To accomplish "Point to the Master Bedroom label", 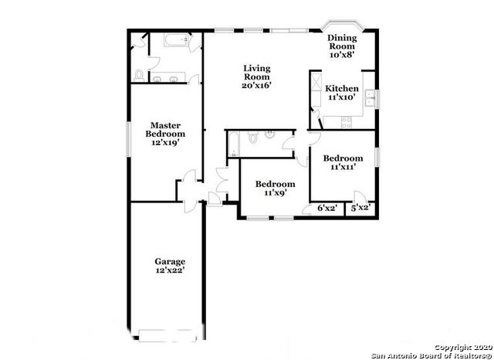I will (x=165, y=133).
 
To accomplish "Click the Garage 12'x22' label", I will (x=169, y=267).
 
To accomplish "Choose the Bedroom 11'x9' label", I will (x=275, y=189).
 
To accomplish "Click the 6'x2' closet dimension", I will (x=328, y=208).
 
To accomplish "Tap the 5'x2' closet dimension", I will (x=360, y=208).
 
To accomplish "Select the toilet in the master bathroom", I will (x=138, y=75).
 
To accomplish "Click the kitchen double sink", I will (x=370, y=97).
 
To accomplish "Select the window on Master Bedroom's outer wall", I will (x=128, y=139).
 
